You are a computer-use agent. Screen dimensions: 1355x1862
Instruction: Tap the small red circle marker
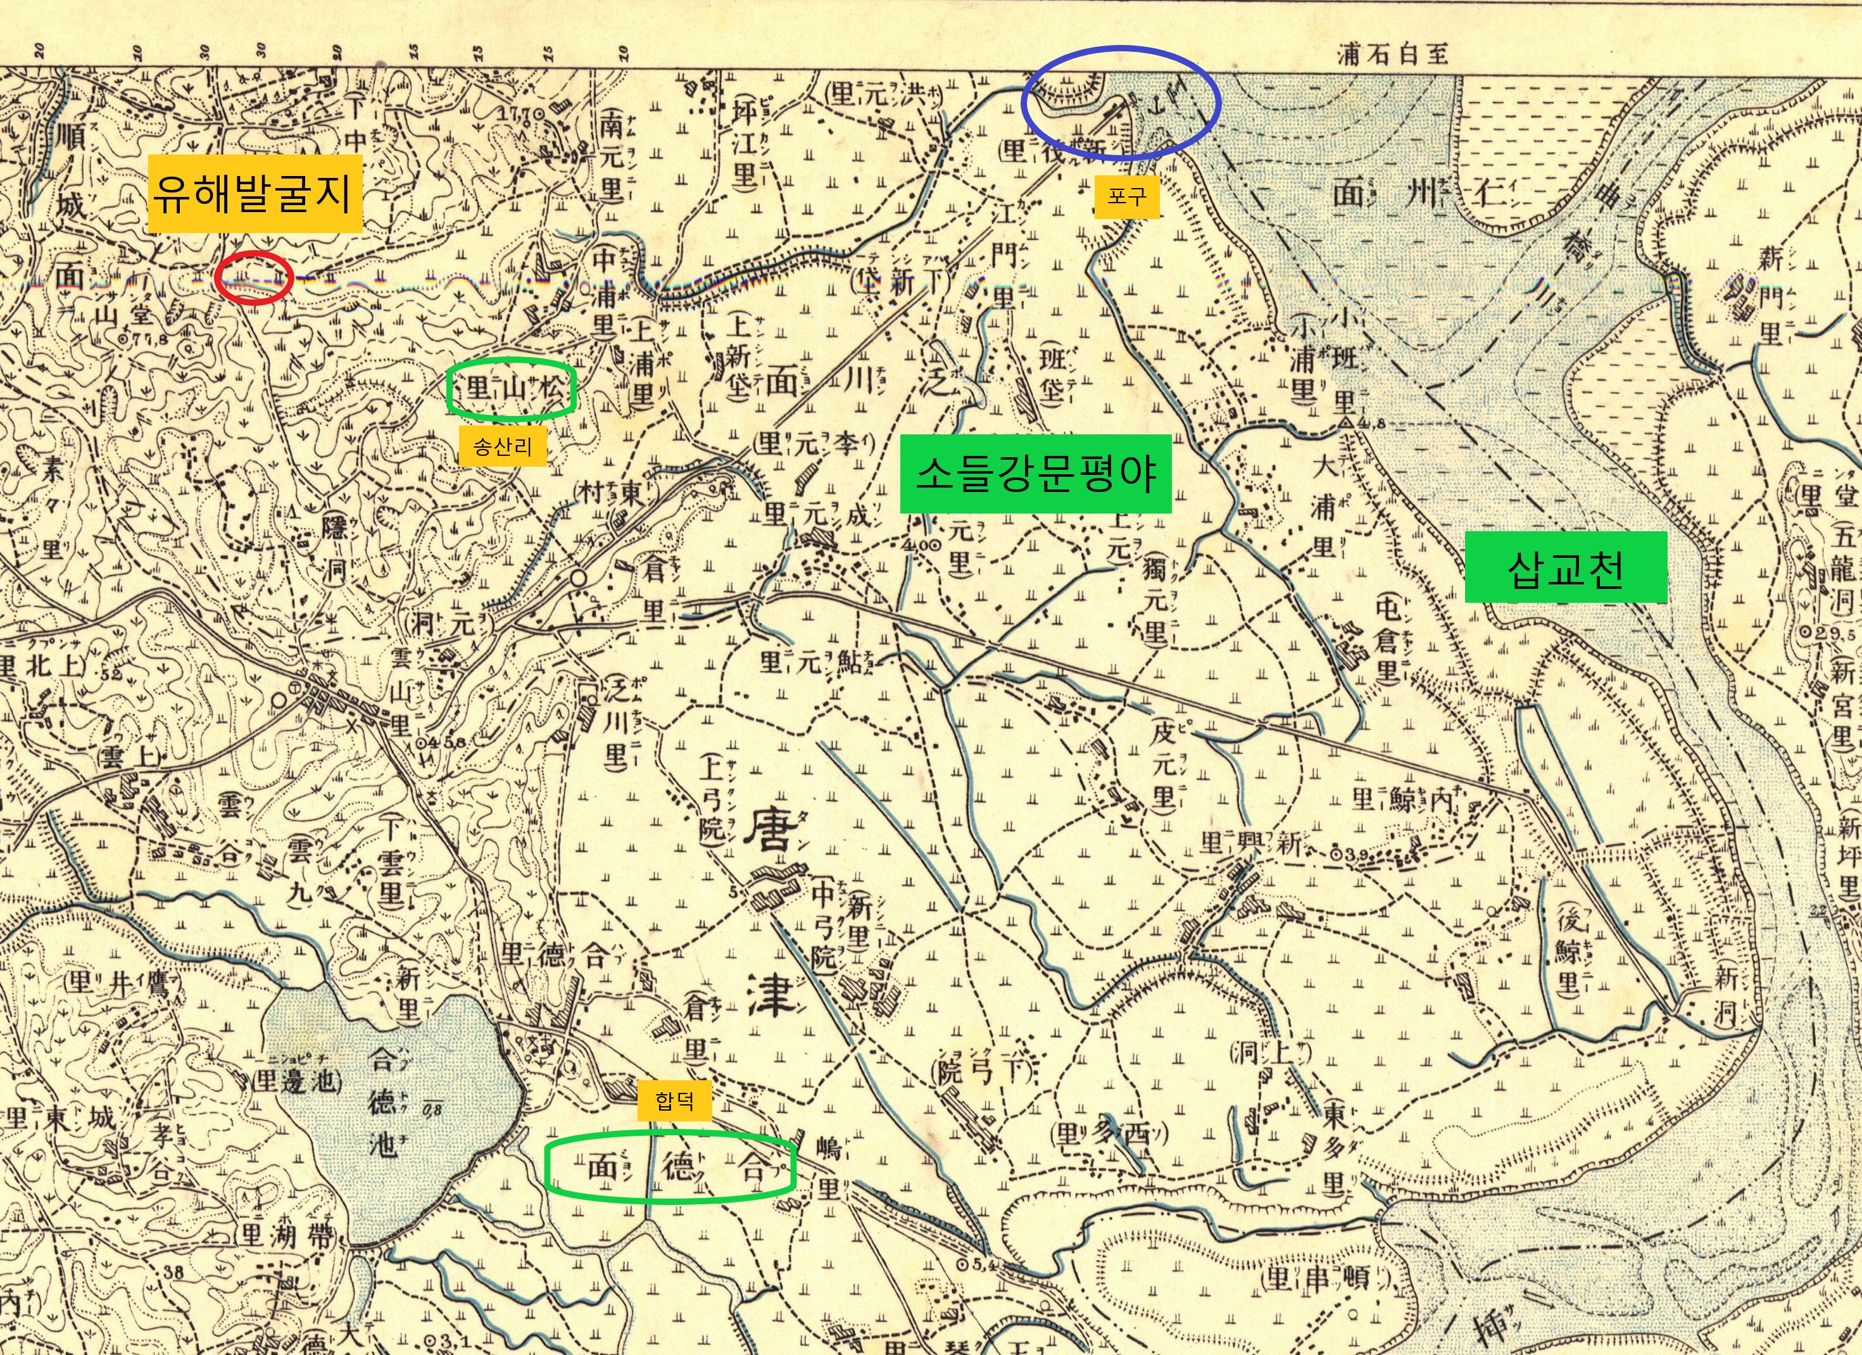pyautogui.click(x=254, y=279)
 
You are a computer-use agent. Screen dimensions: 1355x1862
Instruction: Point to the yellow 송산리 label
pyautogui.click(x=503, y=447)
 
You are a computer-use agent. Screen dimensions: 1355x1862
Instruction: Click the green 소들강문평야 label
pyautogui.click(x=1035, y=474)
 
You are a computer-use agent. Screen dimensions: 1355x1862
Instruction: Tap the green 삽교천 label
pyautogui.click(x=1566, y=567)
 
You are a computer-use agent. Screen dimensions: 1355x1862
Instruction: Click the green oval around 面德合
pyautogui.click(x=670, y=1167)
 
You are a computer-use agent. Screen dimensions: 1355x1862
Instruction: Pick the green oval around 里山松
pyautogui.click(x=511, y=389)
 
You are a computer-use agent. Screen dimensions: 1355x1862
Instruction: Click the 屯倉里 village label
pyautogui.click(x=1387, y=649)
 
